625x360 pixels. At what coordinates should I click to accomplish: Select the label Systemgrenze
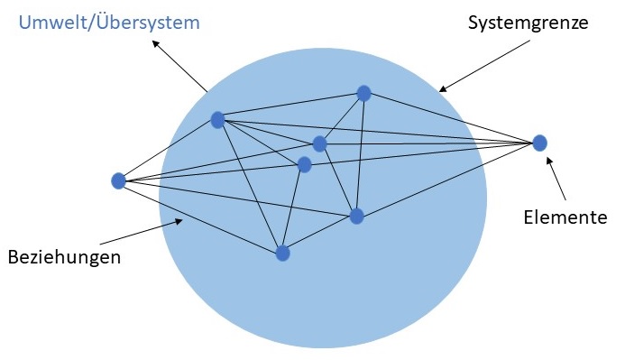coord(527,23)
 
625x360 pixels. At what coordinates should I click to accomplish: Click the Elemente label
coord(565,217)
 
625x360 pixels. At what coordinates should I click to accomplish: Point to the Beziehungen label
coord(63,256)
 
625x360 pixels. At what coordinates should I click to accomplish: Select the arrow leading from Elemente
coord(557,177)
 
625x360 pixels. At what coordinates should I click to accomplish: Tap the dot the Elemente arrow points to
coord(539,143)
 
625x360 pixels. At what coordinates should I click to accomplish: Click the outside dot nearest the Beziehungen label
coord(118,180)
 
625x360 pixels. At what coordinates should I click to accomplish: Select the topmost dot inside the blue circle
coord(363,93)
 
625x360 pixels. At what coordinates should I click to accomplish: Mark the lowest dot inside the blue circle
coord(282,253)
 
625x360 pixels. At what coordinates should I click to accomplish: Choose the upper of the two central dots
coord(319,143)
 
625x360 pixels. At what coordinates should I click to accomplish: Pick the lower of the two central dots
coord(304,164)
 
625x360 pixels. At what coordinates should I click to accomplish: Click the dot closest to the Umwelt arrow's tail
coord(217,119)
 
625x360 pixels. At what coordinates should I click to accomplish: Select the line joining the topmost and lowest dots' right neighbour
coord(360,153)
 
